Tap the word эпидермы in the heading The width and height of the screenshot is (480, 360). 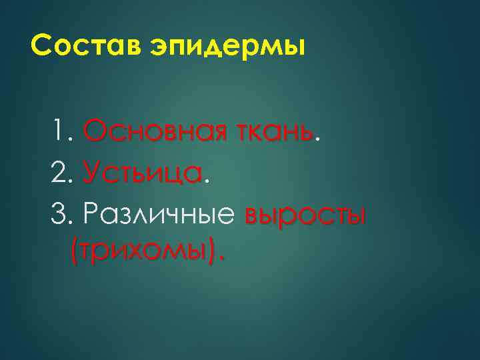(221, 49)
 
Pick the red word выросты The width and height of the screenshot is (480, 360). (305, 217)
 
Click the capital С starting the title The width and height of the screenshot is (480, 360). (41, 47)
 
